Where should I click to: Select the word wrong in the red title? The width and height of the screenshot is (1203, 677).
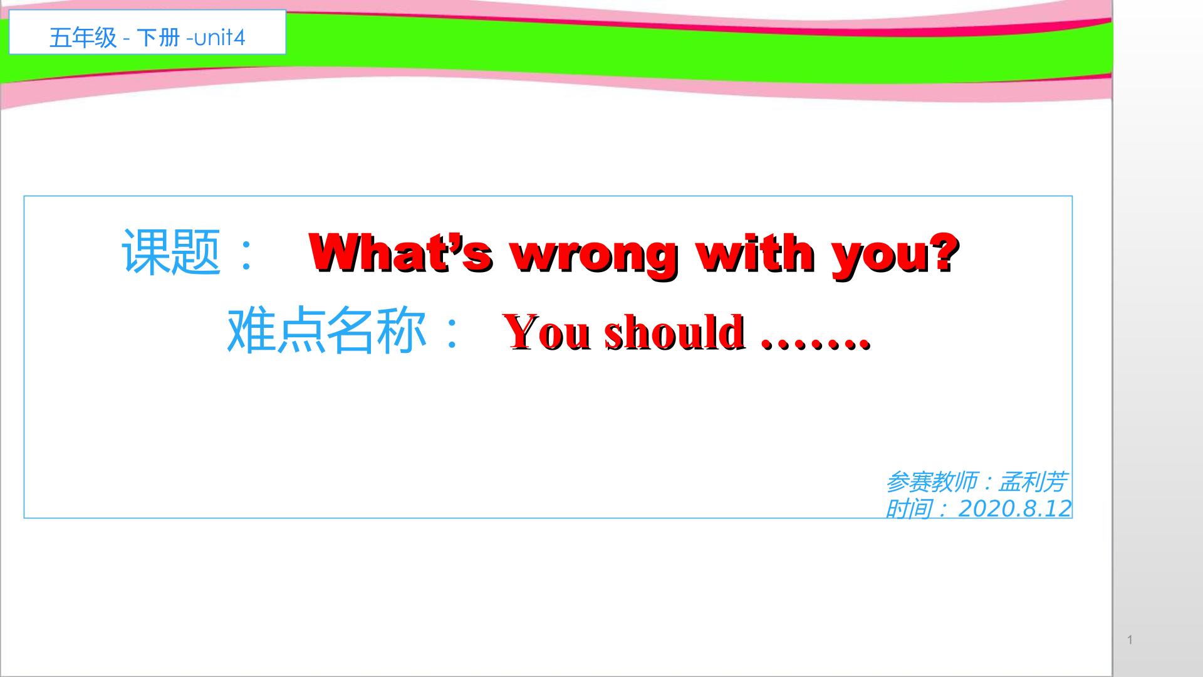[x=594, y=253]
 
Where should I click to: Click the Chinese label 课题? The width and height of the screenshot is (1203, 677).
[x=171, y=251]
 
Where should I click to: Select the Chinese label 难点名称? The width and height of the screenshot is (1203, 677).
[x=326, y=331]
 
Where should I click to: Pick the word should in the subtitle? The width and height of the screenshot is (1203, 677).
[x=674, y=332]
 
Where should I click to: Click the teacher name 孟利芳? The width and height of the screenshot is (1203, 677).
[x=1032, y=482]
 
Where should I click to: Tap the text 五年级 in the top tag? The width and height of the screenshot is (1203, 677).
[x=83, y=38]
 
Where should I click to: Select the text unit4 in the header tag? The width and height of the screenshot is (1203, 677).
[x=219, y=38]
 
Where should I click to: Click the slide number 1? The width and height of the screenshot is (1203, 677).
[x=1130, y=640]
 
